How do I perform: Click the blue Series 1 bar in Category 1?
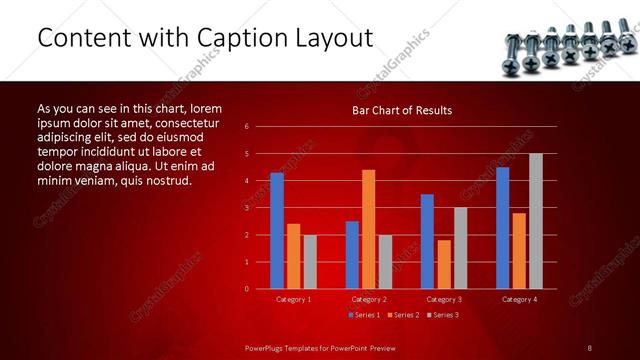coord(277,231)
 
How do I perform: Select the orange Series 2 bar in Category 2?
coord(368,229)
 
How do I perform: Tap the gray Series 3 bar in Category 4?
coord(535,221)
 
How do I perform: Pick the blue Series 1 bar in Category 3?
coord(427,241)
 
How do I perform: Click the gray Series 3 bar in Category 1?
coord(310,261)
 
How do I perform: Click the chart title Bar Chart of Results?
coord(402,110)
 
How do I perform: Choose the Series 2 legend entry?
coord(400,315)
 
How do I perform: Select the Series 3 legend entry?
coord(441,315)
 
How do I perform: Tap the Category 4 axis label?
coord(518,299)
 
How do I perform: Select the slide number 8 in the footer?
coord(589,347)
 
